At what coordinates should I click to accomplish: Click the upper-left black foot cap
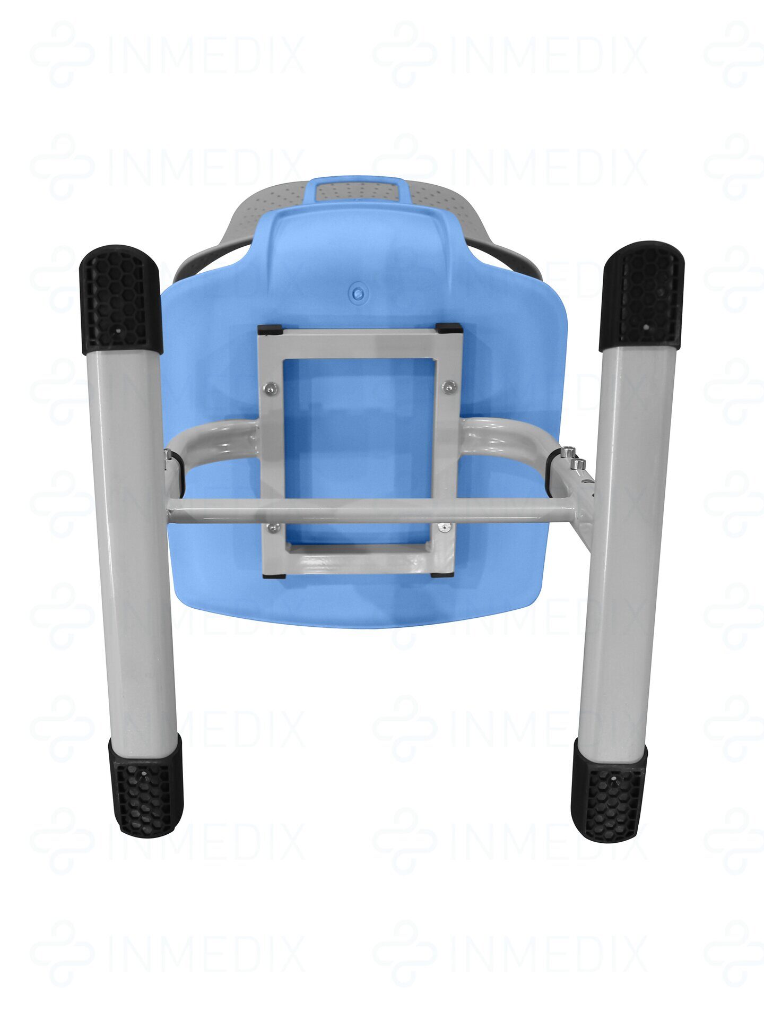point(120,299)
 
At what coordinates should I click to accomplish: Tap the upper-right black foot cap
point(641,296)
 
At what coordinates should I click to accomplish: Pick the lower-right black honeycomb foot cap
point(610,792)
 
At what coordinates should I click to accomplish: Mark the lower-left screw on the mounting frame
point(274,527)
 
